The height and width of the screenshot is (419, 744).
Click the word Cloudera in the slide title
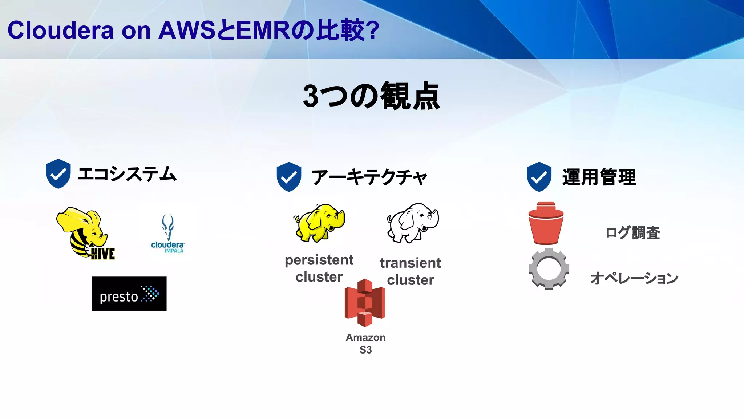pyautogui.click(x=60, y=30)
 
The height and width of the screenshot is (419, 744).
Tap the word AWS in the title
pyautogui.click(x=187, y=30)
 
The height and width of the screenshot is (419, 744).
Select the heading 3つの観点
pyautogui.click(x=371, y=96)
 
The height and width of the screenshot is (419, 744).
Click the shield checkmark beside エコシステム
pyautogui.click(x=58, y=173)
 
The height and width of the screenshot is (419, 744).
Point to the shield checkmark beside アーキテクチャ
pyautogui.click(x=289, y=177)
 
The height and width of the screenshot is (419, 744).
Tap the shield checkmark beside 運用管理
pyautogui.click(x=539, y=177)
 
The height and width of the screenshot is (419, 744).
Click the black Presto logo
pyautogui.click(x=129, y=294)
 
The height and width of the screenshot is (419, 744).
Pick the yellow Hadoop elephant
pyautogui.click(x=319, y=222)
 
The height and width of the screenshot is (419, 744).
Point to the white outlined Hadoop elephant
pyautogui.click(x=413, y=223)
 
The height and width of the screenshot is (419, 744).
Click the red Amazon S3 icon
pyautogui.click(x=365, y=303)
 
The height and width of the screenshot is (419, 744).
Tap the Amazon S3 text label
pyautogui.click(x=365, y=343)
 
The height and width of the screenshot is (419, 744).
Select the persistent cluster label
pyautogui.click(x=319, y=268)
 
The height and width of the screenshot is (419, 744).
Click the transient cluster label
pyautogui.click(x=411, y=271)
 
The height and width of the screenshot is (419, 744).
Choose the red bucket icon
pyautogui.click(x=546, y=223)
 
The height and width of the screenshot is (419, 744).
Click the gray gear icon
pyautogui.click(x=549, y=269)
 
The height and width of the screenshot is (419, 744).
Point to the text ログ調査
pyautogui.click(x=632, y=233)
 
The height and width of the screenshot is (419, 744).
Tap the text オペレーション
pyautogui.click(x=634, y=278)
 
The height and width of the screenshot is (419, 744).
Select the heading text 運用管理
pyautogui.click(x=599, y=177)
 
